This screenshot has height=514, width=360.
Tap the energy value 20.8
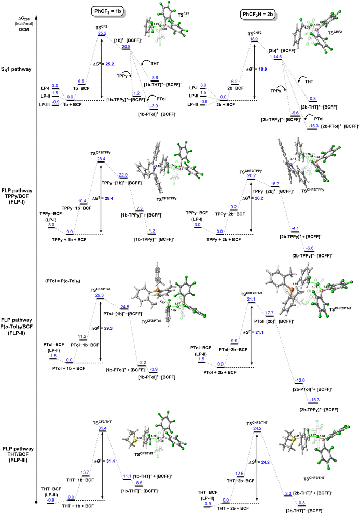(127, 46)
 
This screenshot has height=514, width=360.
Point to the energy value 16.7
(275, 184)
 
